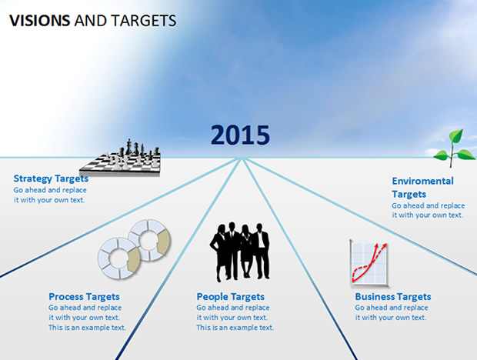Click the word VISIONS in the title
click(40, 21)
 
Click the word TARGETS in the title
click(144, 21)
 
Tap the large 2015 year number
click(240, 135)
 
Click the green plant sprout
click(454, 148)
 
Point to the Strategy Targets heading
click(51, 178)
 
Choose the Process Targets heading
click(85, 296)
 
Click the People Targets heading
click(231, 296)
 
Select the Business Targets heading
click(393, 296)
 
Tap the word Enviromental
click(423, 181)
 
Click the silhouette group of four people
click(239, 252)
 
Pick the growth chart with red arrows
click(369, 263)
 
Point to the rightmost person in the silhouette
click(261, 251)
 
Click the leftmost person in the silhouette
click(218, 253)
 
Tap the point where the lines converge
click(242, 158)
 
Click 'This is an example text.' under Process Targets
click(87, 328)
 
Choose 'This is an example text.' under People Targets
click(235, 328)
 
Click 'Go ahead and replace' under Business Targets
click(392, 308)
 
